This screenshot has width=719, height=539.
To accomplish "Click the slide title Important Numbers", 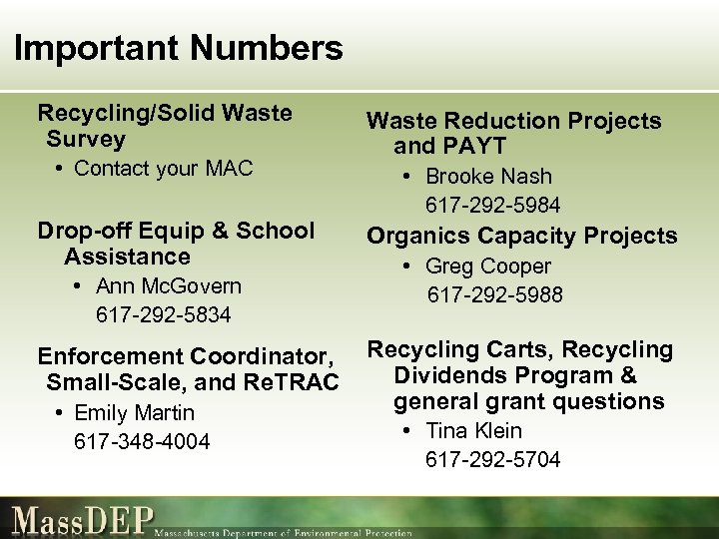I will pos(180,48).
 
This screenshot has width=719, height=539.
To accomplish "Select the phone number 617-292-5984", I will pos(492,206).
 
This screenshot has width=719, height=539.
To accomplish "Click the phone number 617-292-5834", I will pos(163,315).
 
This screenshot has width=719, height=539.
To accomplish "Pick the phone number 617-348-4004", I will pos(142,441).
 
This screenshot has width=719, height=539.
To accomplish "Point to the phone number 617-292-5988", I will pos(495,295).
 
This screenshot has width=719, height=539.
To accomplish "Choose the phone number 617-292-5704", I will pos(492,460).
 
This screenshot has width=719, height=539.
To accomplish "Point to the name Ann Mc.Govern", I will pos(169,286).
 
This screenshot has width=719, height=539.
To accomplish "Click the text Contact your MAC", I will pos(164,169).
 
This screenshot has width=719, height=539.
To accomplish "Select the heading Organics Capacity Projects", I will pos(521,236).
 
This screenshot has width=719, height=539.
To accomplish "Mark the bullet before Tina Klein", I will pos(407,431).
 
